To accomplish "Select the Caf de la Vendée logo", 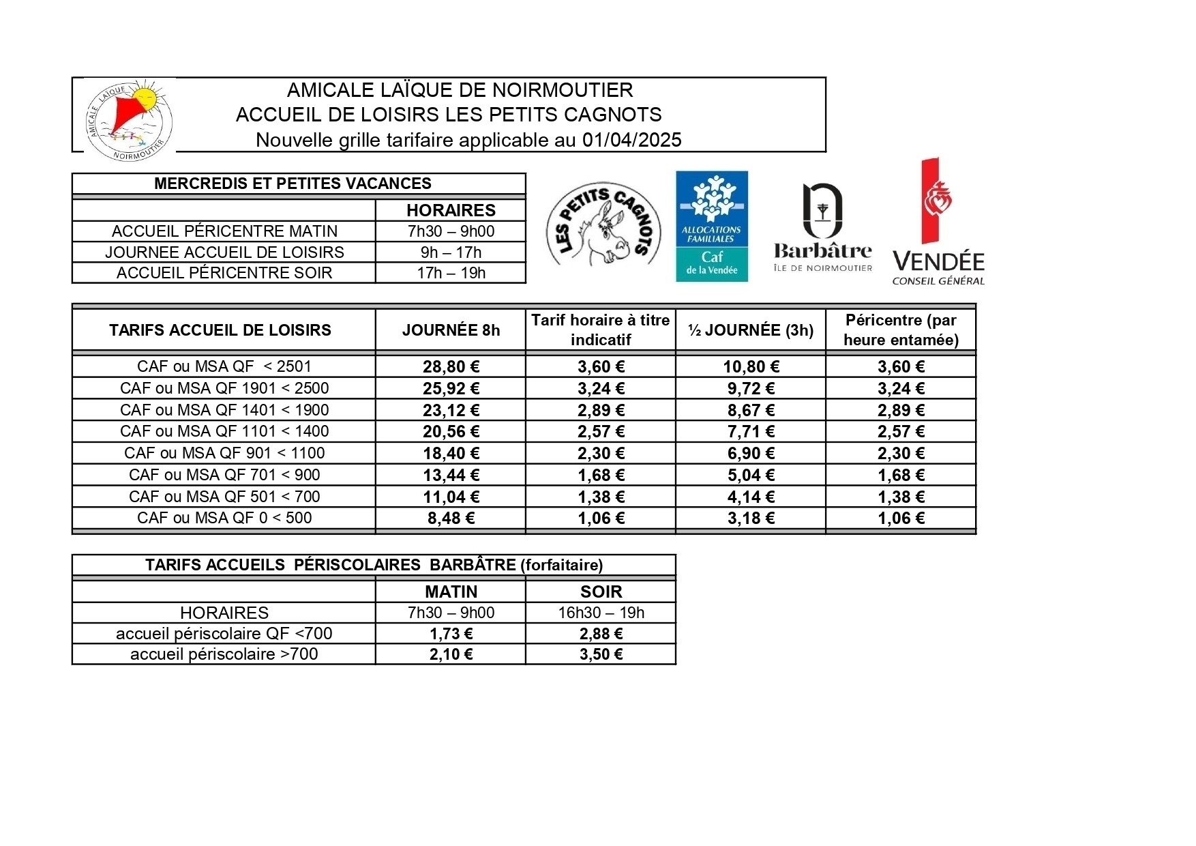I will (x=711, y=226).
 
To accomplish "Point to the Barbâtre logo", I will (x=823, y=227).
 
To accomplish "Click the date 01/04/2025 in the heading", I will (x=631, y=140).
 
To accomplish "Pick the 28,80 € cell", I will (x=451, y=367).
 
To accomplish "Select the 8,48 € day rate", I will (x=451, y=519).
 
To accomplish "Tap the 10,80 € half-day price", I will (x=751, y=367).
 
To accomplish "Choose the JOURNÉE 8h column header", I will (x=451, y=330).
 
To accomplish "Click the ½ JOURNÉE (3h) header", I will (x=751, y=330).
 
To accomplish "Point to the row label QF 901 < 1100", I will (x=224, y=453).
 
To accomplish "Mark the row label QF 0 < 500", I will (x=224, y=518).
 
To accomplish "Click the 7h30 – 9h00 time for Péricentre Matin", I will (x=451, y=231).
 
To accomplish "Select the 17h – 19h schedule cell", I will (x=451, y=273).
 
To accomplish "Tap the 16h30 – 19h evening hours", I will (x=601, y=613).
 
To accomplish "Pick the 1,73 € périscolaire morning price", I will (x=451, y=634).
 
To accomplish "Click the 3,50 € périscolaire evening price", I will (x=601, y=654).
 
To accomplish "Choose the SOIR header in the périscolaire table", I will (x=601, y=592).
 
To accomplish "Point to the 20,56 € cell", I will (x=451, y=432).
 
